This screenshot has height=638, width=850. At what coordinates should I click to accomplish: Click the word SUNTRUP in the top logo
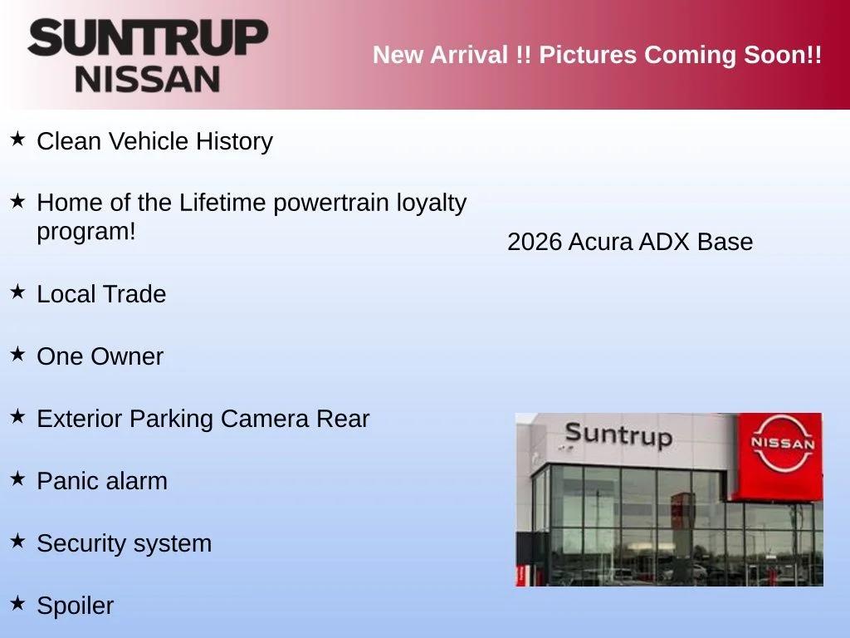(x=148, y=37)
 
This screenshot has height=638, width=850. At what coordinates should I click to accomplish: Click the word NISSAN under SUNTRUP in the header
(x=148, y=79)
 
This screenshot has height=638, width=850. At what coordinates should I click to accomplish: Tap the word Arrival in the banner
(x=469, y=55)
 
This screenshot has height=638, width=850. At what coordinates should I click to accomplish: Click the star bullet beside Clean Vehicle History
(x=17, y=139)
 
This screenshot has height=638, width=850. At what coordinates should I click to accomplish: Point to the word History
(x=234, y=141)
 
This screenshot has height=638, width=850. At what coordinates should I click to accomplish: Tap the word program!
(x=86, y=233)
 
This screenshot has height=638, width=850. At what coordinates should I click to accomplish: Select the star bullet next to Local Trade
(x=17, y=292)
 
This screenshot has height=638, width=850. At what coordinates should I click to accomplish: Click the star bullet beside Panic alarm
(x=17, y=478)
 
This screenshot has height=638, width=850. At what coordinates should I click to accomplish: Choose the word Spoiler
(x=76, y=606)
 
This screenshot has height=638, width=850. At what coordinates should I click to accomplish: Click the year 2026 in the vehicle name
(x=535, y=242)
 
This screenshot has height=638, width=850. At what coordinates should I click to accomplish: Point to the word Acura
(x=600, y=242)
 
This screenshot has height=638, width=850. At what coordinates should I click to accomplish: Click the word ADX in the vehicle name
(x=665, y=242)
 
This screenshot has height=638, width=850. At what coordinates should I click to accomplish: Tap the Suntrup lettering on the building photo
(x=618, y=435)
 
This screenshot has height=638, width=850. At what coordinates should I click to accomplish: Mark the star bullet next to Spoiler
(x=17, y=603)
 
